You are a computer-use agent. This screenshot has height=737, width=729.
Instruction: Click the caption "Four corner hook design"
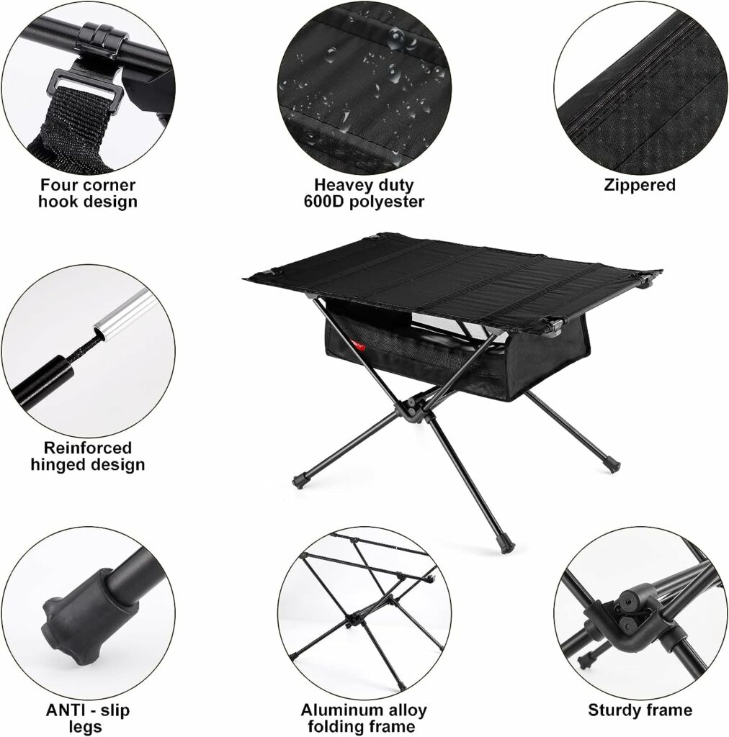point(88,194)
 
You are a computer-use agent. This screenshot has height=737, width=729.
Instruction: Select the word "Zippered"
point(640,185)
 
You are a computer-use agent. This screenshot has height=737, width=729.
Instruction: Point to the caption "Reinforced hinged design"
point(88,456)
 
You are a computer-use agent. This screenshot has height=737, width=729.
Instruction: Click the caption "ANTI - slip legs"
point(88,718)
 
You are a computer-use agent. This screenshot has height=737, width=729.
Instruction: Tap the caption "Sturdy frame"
point(640,710)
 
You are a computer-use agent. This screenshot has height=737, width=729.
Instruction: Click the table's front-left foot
point(300,478)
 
